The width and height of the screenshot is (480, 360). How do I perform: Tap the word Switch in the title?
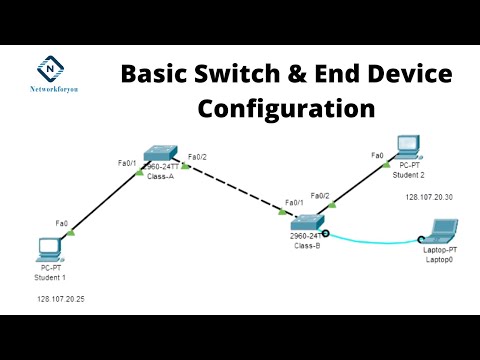coord(237,74)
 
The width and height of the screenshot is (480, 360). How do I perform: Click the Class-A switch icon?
coord(160,154)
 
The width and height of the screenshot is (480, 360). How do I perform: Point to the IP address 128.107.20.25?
coord(61,299)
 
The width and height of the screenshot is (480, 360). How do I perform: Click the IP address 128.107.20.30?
coord(429,197)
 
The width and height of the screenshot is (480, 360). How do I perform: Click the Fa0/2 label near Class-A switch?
coord(199,156)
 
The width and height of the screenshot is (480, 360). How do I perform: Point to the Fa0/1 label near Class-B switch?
coord(295,203)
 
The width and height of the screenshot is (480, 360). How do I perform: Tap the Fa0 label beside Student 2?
coord(377,155)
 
